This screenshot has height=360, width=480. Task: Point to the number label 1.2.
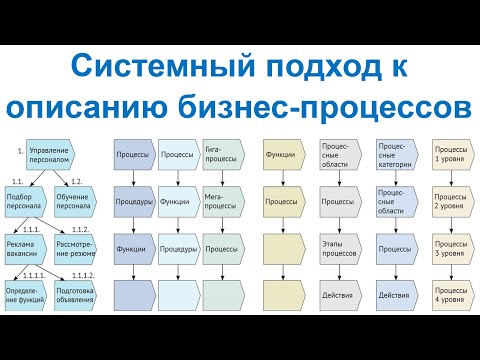point(75,181)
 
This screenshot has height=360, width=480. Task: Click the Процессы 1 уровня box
point(450,156)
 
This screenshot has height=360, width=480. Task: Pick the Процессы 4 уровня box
point(450,295)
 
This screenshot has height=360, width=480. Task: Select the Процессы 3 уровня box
point(450,248)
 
